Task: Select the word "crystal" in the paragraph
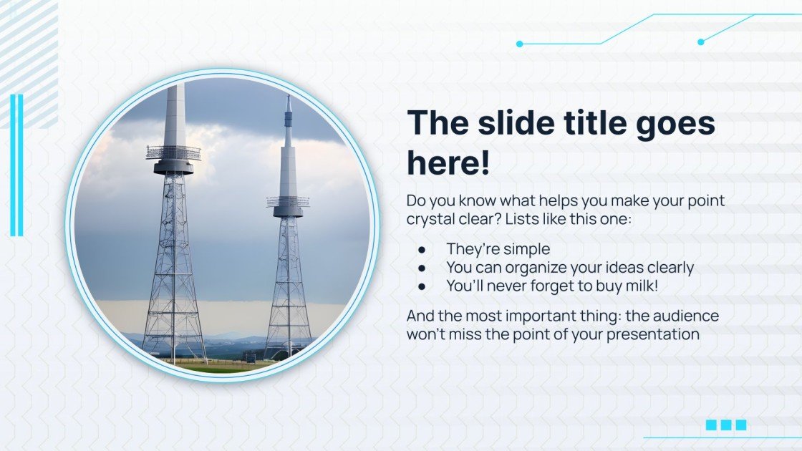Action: pyautogui.click(x=431, y=220)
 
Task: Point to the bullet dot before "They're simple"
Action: pyautogui.click(x=422, y=249)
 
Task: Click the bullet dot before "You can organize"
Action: pyautogui.click(x=422, y=268)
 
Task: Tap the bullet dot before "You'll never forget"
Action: pyautogui.click(x=422, y=286)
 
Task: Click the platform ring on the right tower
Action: pyautogui.click(x=288, y=203)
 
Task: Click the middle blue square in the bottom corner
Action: pyautogui.click(x=726, y=425)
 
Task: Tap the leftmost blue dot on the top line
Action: pyautogui.click(x=520, y=44)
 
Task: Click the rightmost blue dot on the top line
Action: pyautogui.click(x=701, y=42)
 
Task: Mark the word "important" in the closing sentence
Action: pyautogui.click(x=524, y=316)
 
